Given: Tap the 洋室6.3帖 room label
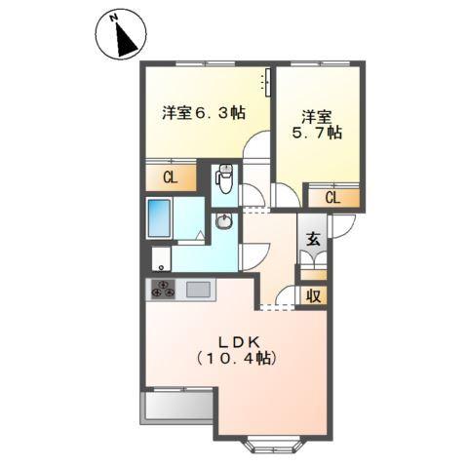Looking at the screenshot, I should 202,112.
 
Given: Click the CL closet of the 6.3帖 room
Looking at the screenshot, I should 169,177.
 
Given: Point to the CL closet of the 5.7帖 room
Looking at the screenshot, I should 332,198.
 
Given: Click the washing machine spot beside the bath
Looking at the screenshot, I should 160,259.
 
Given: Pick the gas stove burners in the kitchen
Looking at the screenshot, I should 162,290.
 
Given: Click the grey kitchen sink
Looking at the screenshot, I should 198,290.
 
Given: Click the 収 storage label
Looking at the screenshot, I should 314,295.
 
